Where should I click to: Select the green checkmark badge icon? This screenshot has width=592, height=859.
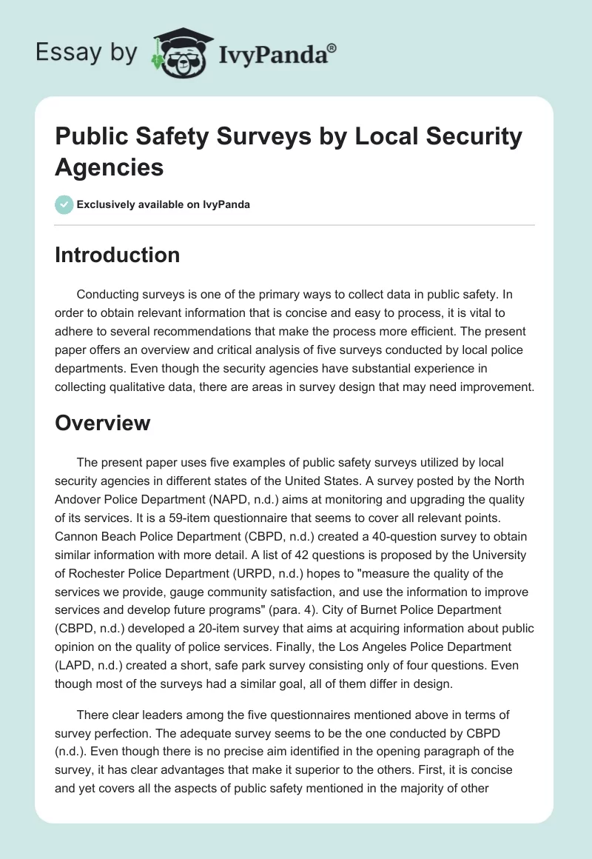(64, 204)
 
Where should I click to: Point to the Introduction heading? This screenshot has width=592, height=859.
(117, 255)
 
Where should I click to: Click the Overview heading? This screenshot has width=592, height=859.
(102, 423)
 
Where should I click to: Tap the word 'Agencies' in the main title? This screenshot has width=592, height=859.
(110, 167)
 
